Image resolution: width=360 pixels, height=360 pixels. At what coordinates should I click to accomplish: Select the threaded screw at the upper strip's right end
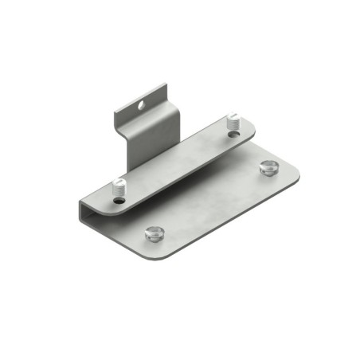pyautogui.click(x=233, y=122)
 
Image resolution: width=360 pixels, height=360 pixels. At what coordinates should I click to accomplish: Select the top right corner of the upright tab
pyautogui.click(x=166, y=82)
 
